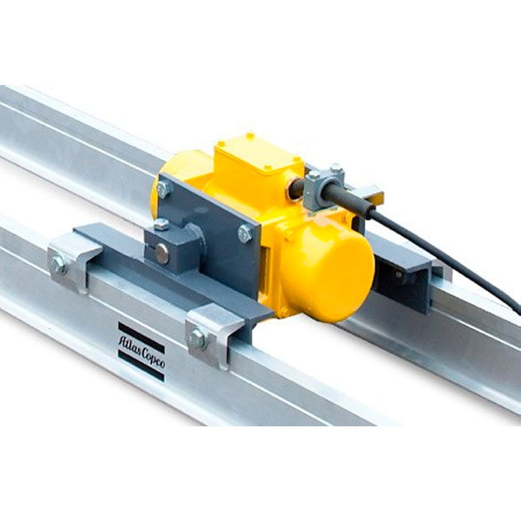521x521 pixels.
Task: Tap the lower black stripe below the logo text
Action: [142, 366]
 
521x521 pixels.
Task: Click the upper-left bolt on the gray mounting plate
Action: [164, 189]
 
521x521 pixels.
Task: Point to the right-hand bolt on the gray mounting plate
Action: [246, 234]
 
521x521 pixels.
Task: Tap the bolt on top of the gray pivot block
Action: [162, 225]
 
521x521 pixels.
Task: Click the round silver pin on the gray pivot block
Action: [162, 254]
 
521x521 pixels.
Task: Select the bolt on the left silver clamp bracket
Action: [59, 265]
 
